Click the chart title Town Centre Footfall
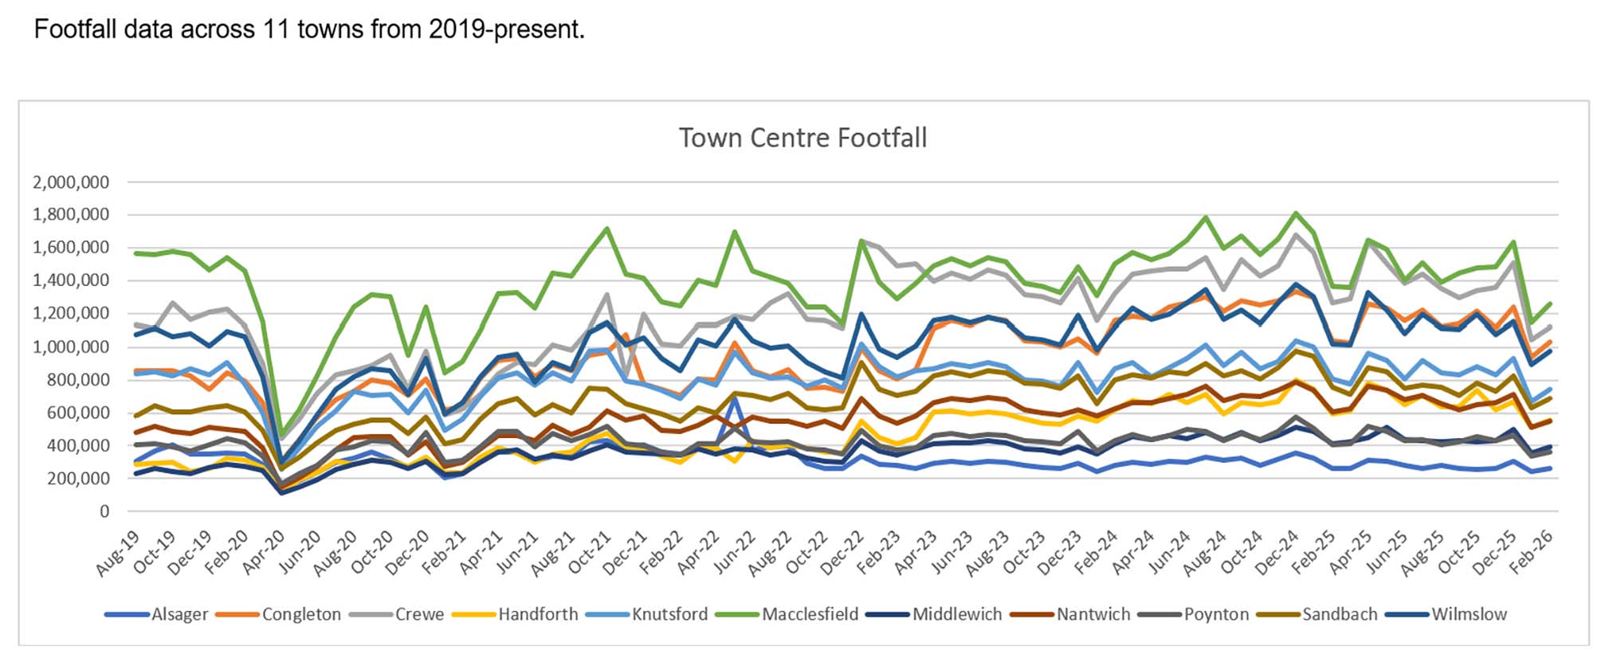(802, 139)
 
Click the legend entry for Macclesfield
(810, 614)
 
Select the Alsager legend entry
(179, 614)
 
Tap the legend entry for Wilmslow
(1469, 614)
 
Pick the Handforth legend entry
(538, 614)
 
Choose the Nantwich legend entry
(1093, 614)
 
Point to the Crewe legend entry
(419, 614)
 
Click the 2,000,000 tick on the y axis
(71, 182)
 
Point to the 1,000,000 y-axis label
(71, 347)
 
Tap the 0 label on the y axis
(104, 511)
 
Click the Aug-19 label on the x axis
(116, 554)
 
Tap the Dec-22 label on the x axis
(846, 554)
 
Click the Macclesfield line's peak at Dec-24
(1296, 213)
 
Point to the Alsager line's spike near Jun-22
(733, 397)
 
